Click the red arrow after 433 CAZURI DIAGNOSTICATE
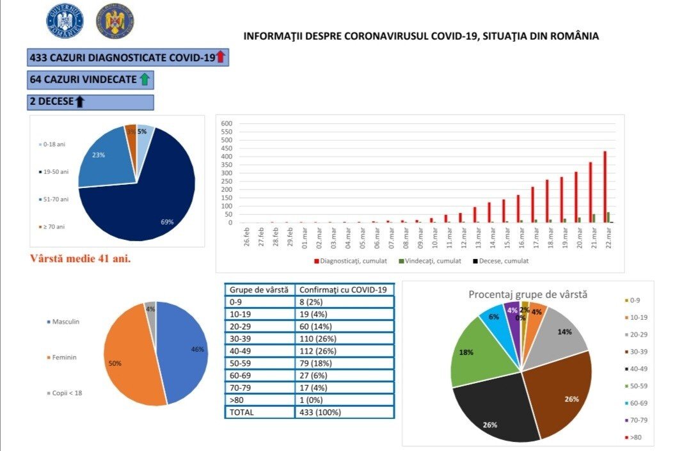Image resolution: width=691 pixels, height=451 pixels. tap(221, 57)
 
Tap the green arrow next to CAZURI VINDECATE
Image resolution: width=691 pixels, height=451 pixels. tap(145, 79)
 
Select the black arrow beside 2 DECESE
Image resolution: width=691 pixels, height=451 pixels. tap(79, 101)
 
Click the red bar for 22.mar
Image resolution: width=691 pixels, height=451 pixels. tap(605, 187)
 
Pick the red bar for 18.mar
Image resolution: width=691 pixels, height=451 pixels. tap(547, 201)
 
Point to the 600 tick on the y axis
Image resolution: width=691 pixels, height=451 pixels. tap(226, 123)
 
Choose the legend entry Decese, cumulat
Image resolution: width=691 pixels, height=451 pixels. tap(504, 261)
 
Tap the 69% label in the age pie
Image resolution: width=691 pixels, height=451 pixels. tap(168, 222)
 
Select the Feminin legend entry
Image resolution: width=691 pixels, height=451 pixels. tap(61, 357)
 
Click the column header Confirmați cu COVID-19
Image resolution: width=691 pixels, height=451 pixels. tap(345, 290)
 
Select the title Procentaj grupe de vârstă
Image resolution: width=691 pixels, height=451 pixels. tap(528, 295)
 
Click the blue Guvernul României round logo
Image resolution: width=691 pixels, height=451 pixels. tap(65, 22)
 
